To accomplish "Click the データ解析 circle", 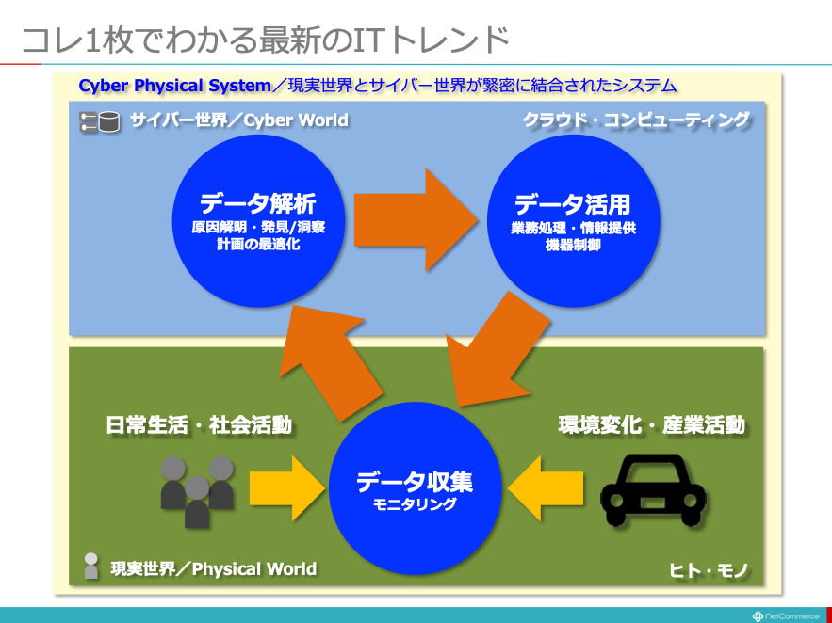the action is pos(258,220).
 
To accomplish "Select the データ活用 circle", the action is pos(573,220).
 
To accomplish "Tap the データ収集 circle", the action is pos(415,487).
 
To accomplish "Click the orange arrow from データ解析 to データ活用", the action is pos(416,220).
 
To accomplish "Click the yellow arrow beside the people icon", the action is pos(286,487).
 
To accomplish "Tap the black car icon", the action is pos(653,490).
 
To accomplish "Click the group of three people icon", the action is pos(197,492).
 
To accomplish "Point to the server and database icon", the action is pos(99,121).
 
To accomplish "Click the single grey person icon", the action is pos(91,566).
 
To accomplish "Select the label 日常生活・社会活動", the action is pos(199,424).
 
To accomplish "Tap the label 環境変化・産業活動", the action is pos(652,425).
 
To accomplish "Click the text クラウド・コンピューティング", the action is pos(636,120).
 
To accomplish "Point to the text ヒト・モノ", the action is pos(709,570).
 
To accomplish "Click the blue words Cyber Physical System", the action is pos(174,86).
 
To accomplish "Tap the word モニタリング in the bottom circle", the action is pos(415,503).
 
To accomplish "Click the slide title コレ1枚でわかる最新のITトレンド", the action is pos(266,40).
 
